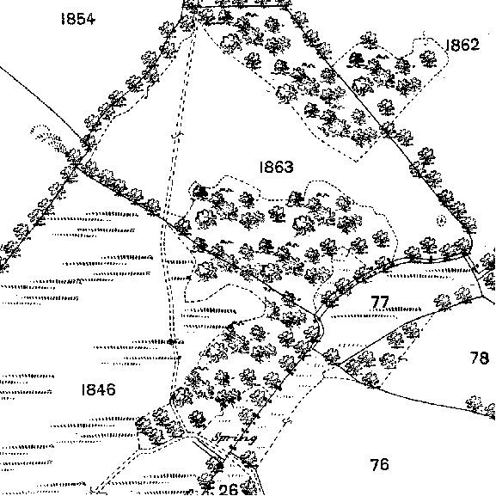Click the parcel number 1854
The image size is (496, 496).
click(x=78, y=19)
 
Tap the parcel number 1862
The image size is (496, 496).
click(x=462, y=45)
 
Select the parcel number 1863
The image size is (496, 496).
click(x=276, y=167)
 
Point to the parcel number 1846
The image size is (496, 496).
click(x=98, y=389)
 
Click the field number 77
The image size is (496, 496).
click(x=380, y=302)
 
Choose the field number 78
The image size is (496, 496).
click(x=480, y=358)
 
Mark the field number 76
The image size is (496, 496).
click(x=379, y=464)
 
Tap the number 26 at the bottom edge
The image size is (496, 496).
click(x=228, y=489)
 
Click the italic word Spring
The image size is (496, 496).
click(x=235, y=438)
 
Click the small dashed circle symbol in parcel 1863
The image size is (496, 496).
click(x=441, y=220)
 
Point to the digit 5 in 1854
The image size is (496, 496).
click(x=79, y=19)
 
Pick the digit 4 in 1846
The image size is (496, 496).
click(x=100, y=389)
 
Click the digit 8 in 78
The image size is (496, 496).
click(x=485, y=358)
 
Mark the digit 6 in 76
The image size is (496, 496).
click(x=384, y=464)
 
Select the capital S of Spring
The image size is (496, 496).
click(x=217, y=438)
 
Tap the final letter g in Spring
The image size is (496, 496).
click(x=252, y=440)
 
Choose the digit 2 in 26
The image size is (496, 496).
click(x=224, y=489)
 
